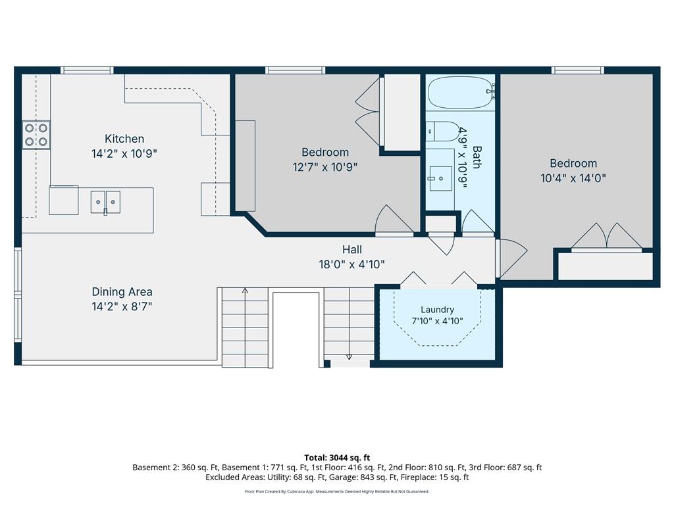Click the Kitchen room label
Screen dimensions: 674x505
(x=124, y=139)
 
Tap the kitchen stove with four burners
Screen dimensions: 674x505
(x=36, y=135)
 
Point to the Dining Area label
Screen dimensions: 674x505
(x=122, y=292)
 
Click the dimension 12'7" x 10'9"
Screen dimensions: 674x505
(x=325, y=167)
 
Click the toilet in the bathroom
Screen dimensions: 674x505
(x=443, y=132)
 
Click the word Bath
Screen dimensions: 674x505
(x=477, y=157)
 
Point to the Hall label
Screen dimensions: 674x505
(x=352, y=249)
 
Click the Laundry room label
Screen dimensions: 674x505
(x=437, y=310)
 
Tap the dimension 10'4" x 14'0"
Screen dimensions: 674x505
(x=573, y=178)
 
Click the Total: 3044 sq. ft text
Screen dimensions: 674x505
(x=337, y=458)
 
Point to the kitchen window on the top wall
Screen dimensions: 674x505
(x=87, y=70)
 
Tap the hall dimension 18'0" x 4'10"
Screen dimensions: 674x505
(x=351, y=264)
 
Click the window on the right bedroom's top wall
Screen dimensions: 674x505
(x=578, y=70)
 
